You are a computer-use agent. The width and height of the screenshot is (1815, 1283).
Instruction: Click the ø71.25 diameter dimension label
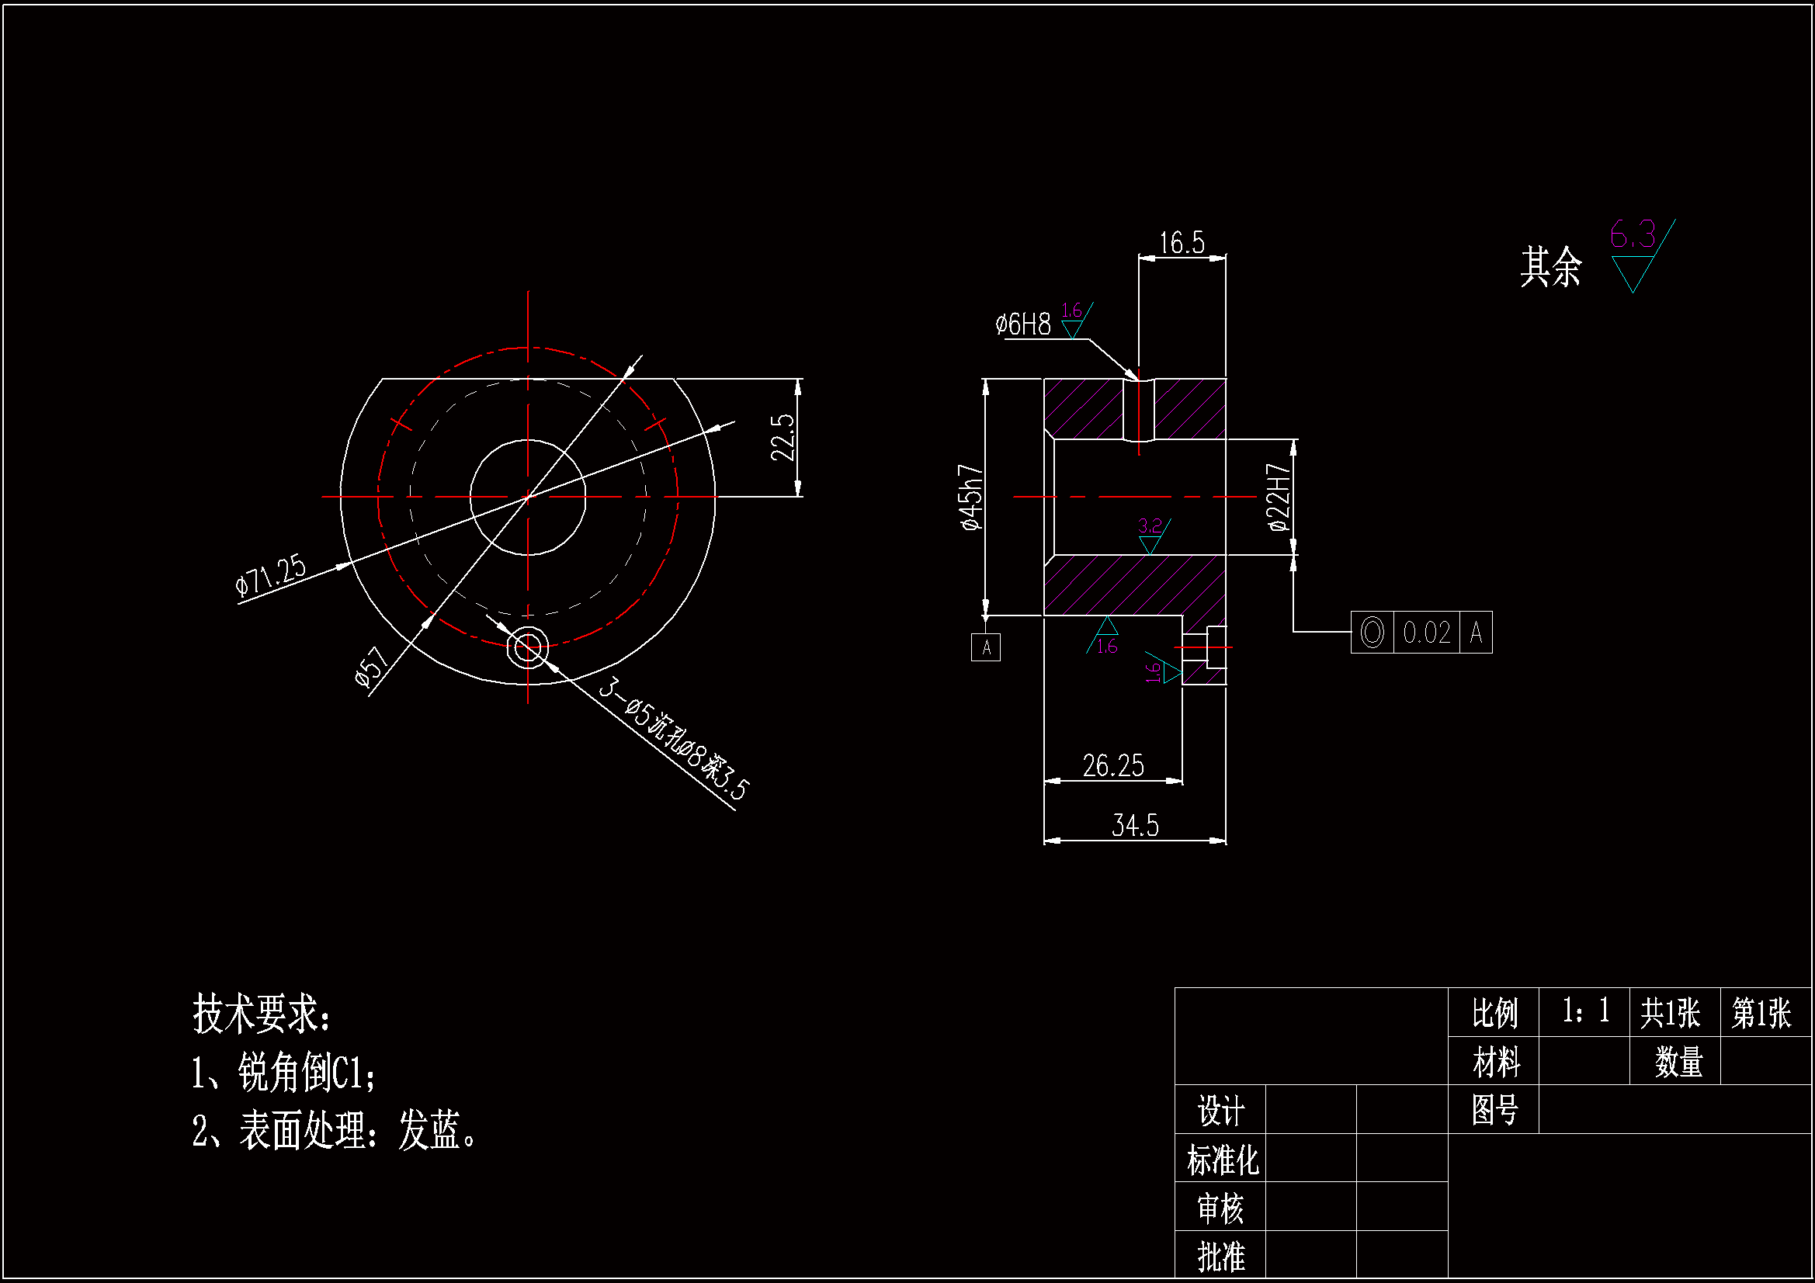(270, 574)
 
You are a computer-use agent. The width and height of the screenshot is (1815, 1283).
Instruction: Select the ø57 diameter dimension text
(372, 667)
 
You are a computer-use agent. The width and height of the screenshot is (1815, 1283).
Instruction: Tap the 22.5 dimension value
(782, 437)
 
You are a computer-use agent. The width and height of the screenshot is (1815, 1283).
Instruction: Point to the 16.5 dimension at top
(1182, 243)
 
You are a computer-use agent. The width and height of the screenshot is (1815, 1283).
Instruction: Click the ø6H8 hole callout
(1023, 324)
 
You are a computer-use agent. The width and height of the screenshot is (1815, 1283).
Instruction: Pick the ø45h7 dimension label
(971, 498)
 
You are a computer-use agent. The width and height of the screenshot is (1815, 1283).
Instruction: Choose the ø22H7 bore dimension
(1279, 498)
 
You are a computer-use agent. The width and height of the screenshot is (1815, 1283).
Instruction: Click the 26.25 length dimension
(1113, 765)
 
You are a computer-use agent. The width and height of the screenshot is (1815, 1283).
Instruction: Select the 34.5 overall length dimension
(1135, 825)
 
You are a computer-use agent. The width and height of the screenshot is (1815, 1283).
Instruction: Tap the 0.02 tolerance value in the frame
(1426, 633)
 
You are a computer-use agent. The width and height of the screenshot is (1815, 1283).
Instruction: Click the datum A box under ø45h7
(986, 647)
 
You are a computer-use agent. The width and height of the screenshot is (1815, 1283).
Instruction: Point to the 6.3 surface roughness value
(1633, 234)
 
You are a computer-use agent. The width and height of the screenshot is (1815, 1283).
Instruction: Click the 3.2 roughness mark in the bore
(1150, 526)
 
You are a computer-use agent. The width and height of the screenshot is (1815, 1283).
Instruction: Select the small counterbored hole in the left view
(528, 647)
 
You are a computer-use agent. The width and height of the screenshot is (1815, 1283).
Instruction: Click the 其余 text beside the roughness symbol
(1550, 266)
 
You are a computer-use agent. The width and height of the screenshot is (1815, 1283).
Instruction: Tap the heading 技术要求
(261, 1014)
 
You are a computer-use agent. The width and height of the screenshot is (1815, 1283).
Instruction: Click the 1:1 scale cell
(1585, 1011)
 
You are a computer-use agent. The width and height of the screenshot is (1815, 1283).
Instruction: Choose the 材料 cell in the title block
(1496, 1061)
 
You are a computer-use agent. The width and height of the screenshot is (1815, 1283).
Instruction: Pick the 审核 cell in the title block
(1220, 1208)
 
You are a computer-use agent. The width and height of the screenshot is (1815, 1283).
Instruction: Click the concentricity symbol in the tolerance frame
(1373, 633)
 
